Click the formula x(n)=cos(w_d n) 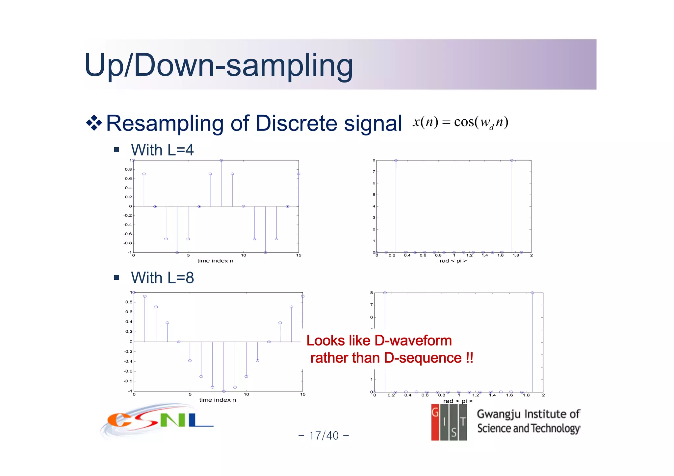pyautogui.click(x=460, y=122)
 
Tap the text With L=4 pyautogui.click(x=162, y=150)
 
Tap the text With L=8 pyautogui.click(x=162, y=278)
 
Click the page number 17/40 pyautogui.click(x=324, y=436)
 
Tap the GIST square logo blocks pyautogui.click(x=449, y=422)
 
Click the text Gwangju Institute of pyautogui.click(x=528, y=414)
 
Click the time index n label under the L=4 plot pyautogui.click(x=215, y=261)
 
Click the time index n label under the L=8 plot pyautogui.click(x=218, y=400)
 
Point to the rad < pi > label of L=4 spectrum pyautogui.click(x=453, y=261)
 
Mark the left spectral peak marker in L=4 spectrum pyautogui.click(x=396, y=160)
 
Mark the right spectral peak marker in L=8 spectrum pyautogui.click(x=532, y=293)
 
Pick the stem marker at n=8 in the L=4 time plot pyautogui.click(x=221, y=160)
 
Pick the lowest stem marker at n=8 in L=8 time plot pyautogui.click(x=224, y=391)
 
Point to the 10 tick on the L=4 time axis pyautogui.click(x=244, y=255)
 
